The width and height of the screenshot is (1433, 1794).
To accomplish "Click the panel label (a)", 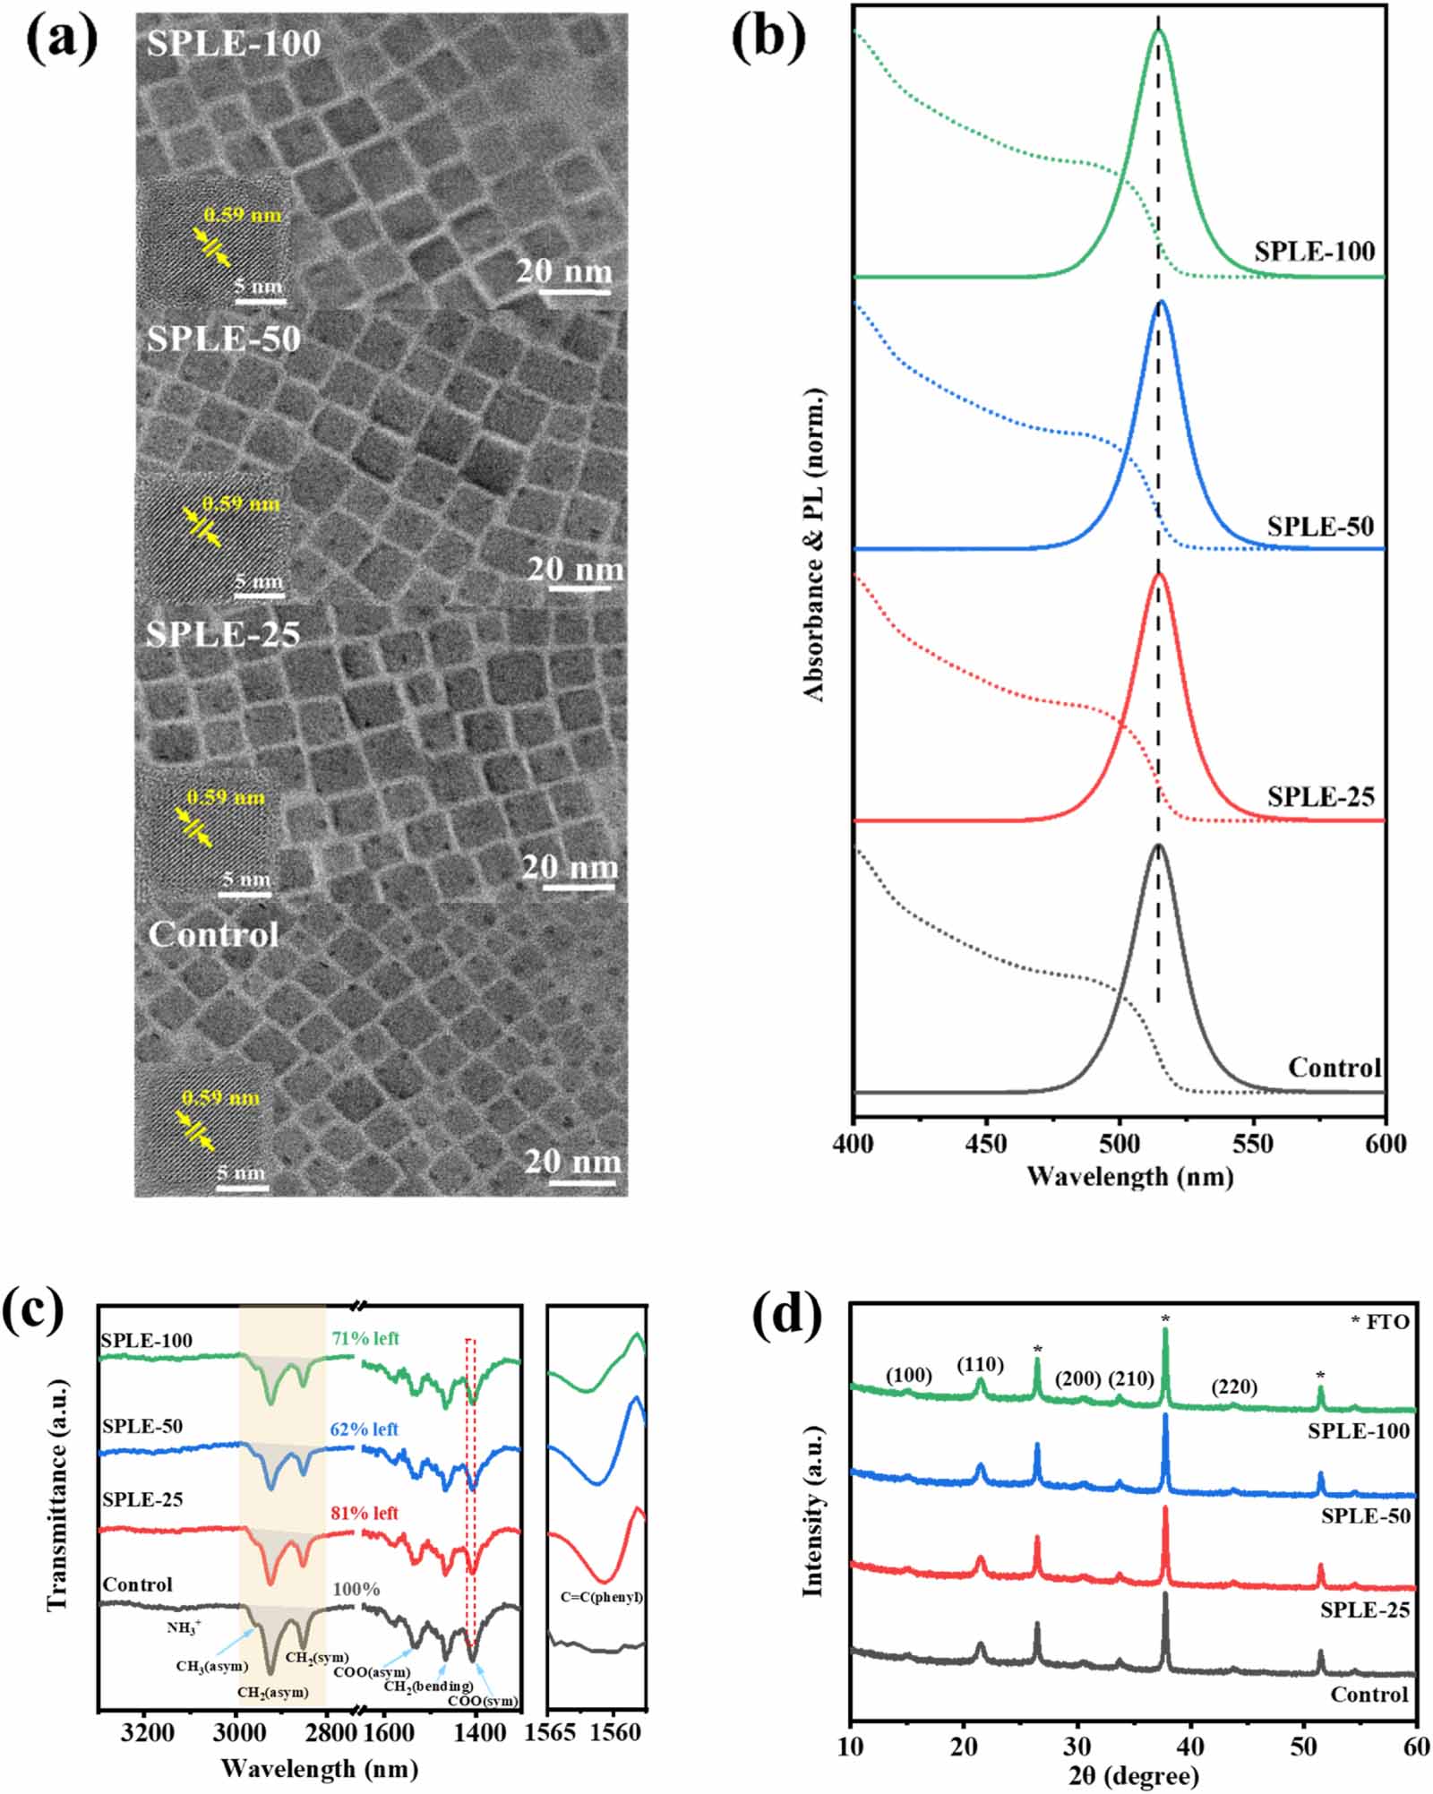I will click(61, 39).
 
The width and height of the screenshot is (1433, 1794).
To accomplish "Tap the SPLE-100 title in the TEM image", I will click(234, 43).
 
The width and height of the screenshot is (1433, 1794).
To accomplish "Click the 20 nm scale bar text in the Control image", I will click(572, 1162).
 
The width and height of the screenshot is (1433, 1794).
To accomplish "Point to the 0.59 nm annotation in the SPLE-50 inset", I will click(241, 503).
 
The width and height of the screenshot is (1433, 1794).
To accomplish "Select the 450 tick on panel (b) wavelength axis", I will click(986, 1144).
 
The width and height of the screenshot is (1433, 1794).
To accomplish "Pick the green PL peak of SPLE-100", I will click(1158, 32).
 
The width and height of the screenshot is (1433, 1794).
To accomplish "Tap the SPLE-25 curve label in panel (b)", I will click(1319, 796).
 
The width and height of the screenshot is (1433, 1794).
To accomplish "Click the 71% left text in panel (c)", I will click(365, 1339).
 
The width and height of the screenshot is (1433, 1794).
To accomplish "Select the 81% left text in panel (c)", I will click(365, 1513).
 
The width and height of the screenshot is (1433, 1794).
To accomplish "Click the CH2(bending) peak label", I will click(428, 1687).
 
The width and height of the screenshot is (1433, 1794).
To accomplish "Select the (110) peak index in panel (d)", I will click(980, 1365).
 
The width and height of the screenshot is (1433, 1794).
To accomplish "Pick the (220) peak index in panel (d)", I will click(1234, 1387).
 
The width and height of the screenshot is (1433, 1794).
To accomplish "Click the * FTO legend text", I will click(1379, 1322).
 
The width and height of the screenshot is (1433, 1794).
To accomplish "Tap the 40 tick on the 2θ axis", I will click(1190, 1747).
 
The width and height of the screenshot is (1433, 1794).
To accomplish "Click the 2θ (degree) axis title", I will click(1132, 1775).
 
